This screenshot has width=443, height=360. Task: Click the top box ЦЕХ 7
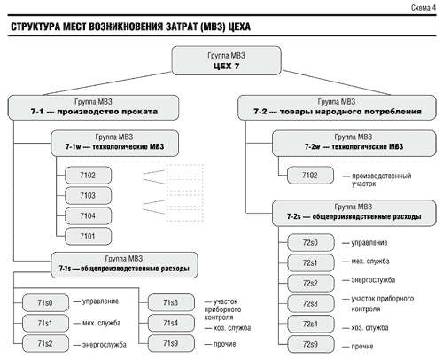click(x=226, y=60)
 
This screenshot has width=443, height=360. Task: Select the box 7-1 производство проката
click(x=93, y=107)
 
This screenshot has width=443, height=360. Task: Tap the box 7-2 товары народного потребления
click(x=337, y=107)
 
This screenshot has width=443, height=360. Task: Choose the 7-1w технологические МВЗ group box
click(x=115, y=144)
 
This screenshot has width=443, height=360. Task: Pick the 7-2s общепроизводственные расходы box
click(x=354, y=213)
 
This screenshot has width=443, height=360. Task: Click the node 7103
click(x=88, y=196)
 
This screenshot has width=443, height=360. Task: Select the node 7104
click(x=88, y=216)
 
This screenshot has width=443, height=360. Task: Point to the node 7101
click(x=88, y=237)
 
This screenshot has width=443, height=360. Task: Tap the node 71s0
click(x=45, y=303)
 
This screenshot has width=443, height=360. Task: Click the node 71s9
click(x=171, y=343)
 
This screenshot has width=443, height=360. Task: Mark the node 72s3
click(x=311, y=304)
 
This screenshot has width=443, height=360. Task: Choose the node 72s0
click(x=311, y=243)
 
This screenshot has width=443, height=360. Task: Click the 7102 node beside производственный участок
click(x=310, y=176)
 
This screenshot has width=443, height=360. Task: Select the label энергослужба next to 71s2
click(x=105, y=345)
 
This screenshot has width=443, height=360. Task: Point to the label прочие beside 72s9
click(x=362, y=347)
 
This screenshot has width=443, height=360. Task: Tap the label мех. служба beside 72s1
click(x=370, y=262)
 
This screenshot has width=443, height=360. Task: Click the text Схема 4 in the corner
click(x=424, y=8)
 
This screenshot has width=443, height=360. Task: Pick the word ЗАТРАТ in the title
click(x=182, y=27)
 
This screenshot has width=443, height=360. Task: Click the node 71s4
click(x=171, y=323)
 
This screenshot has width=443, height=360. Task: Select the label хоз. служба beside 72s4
click(x=369, y=328)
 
